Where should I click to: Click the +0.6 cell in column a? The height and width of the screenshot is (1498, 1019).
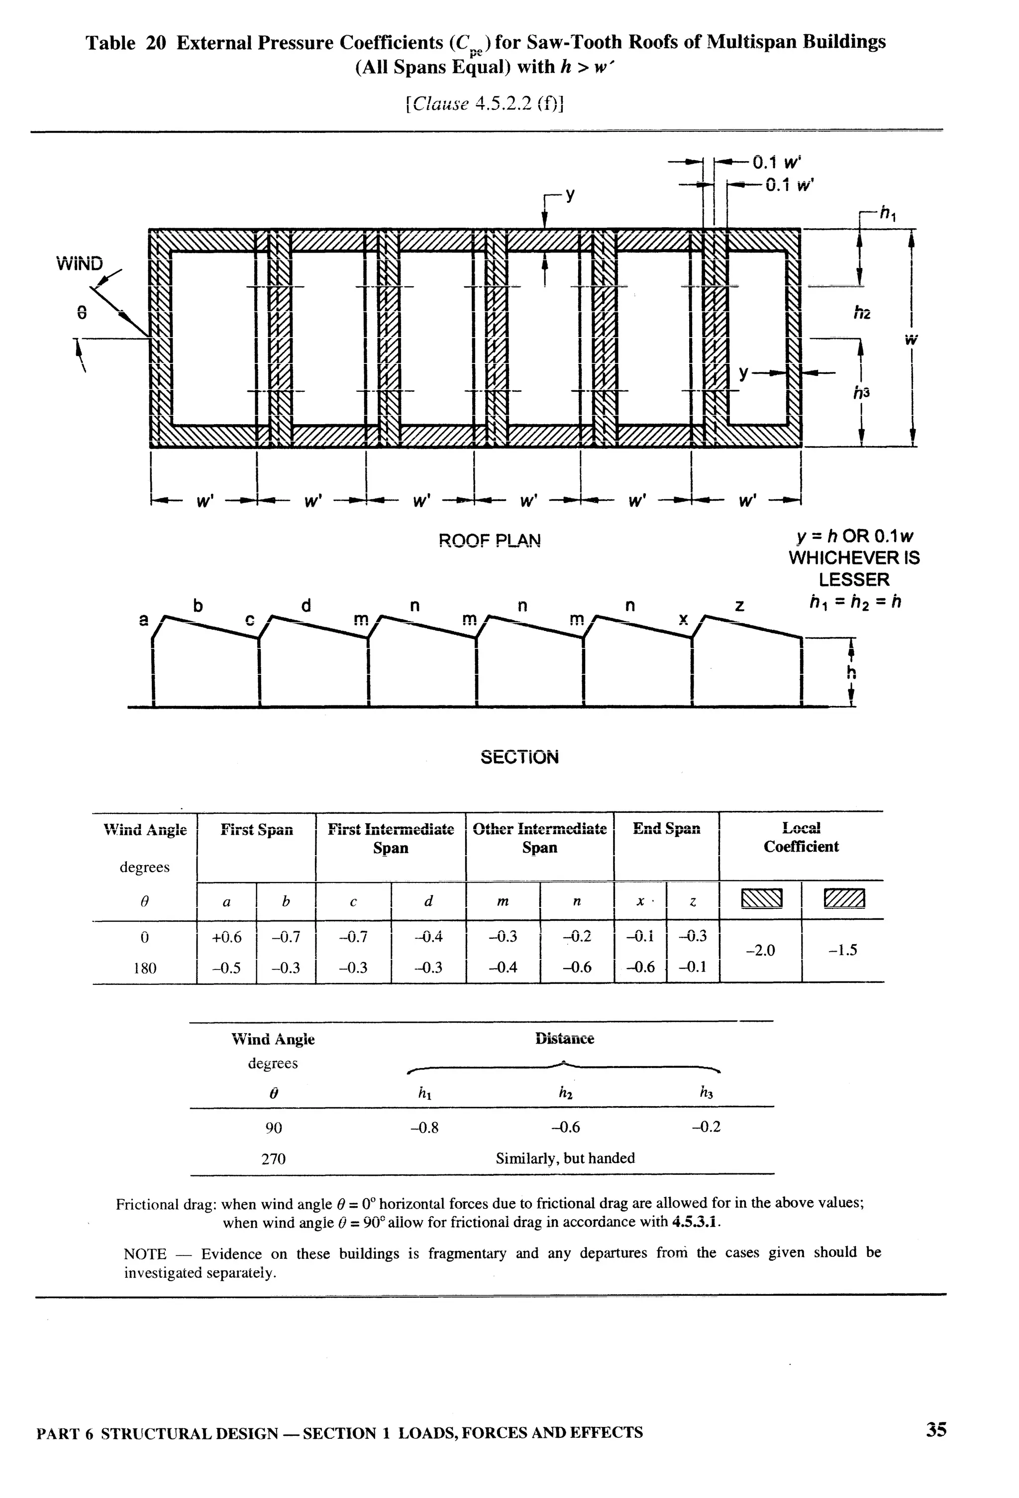pyautogui.click(x=226, y=937)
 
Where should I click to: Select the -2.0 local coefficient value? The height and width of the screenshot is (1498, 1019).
pyautogui.click(x=760, y=951)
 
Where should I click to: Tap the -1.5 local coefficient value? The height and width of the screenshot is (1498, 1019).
pyautogui.click(x=842, y=951)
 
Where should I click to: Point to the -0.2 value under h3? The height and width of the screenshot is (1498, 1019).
pyautogui.click(x=706, y=1127)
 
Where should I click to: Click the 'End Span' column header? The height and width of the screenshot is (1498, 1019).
pyautogui.click(x=666, y=829)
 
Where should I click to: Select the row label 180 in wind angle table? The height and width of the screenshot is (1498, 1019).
pyautogui.click(x=144, y=968)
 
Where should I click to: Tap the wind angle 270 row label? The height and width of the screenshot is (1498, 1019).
pyautogui.click(x=274, y=1159)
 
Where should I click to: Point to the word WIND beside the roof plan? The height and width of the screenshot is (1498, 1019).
pyautogui.click(x=79, y=264)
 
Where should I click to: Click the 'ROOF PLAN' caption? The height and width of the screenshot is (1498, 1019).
pyautogui.click(x=490, y=540)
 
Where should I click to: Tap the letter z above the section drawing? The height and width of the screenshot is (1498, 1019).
pyautogui.click(x=740, y=606)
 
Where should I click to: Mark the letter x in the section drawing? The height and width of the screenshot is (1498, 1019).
pyautogui.click(x=683, y=619)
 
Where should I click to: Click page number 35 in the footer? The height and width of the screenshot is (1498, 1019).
pyautogui.click(x=936, y=1430)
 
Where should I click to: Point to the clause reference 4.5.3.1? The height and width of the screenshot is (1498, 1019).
pyautogui.click(x=696, y=1222)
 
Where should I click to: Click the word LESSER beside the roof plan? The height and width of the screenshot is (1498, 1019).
pyautogui.click(x=854, y=580)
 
